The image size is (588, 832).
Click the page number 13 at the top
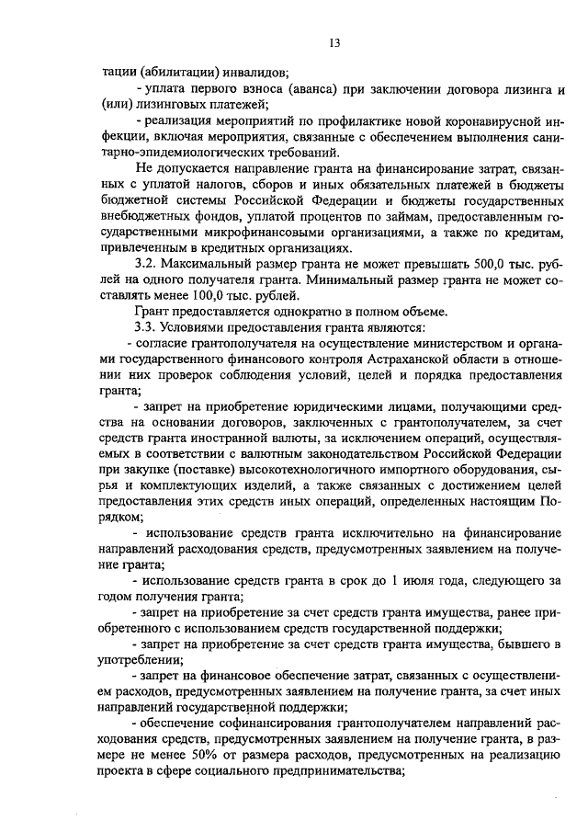334,42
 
